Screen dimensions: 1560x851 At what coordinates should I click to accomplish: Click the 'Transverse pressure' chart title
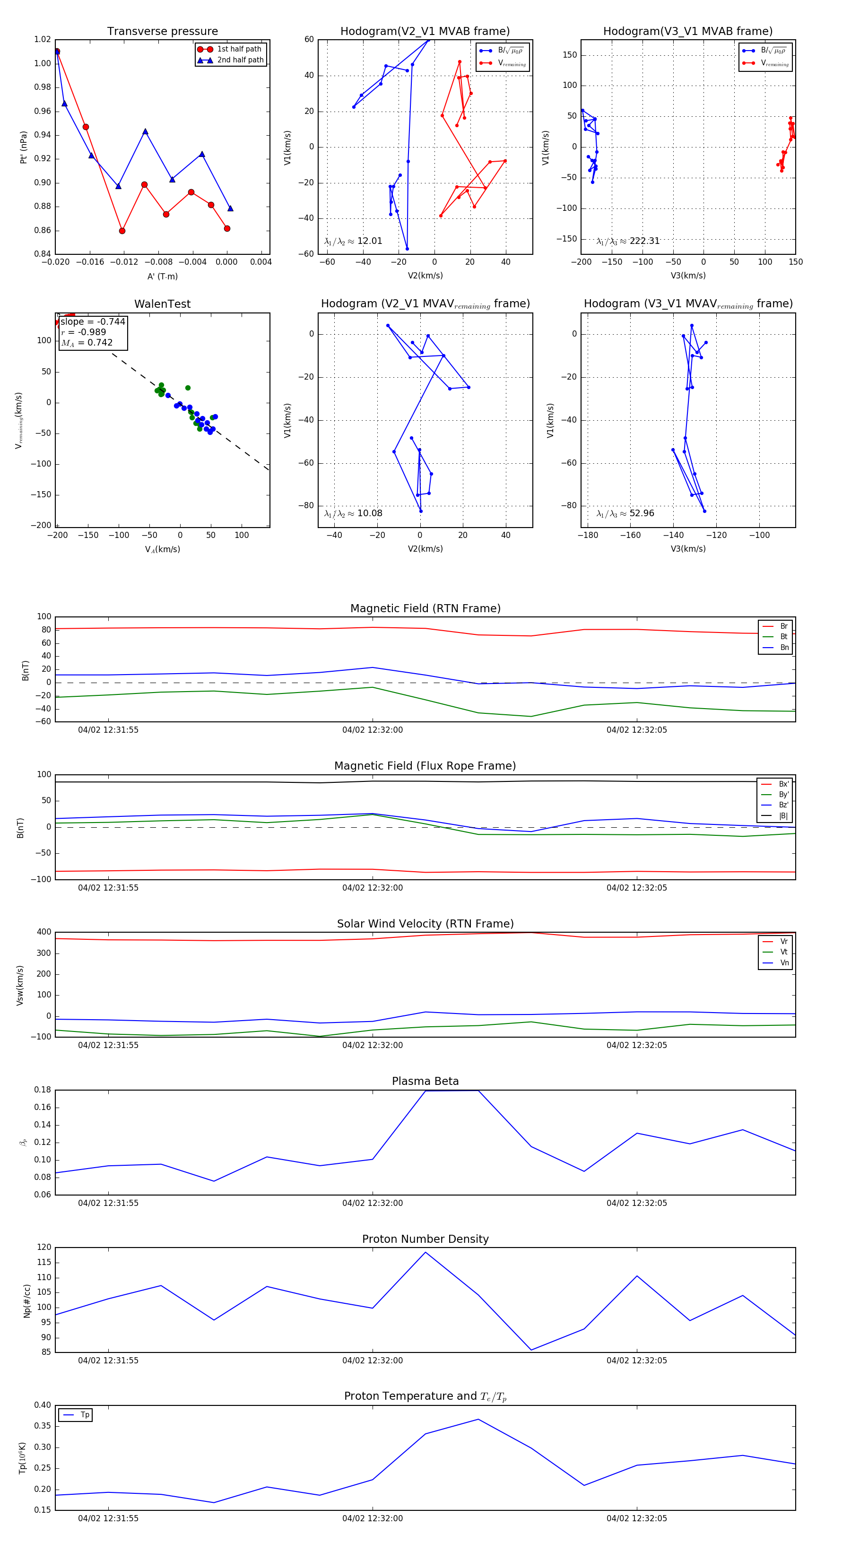(162, 32)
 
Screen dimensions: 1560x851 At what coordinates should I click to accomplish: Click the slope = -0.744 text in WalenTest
(93, 321)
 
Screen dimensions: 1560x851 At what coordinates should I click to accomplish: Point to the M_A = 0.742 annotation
(87, 343)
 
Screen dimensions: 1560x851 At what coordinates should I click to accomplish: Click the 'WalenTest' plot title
(162, 304)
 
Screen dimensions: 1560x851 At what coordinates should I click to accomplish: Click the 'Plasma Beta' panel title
(425, 1081)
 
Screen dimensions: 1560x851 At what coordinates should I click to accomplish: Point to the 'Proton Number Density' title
(425, 1239)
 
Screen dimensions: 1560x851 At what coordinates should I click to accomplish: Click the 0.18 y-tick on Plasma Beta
(43, 1090)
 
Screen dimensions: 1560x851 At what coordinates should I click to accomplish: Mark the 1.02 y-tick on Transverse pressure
(43, 39)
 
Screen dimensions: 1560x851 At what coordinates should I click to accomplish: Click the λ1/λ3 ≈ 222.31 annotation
(628, 241)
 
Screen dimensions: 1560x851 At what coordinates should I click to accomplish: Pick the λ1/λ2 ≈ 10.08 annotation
(353, 513)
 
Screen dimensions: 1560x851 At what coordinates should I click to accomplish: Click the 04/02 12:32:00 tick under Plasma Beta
(373, 1203)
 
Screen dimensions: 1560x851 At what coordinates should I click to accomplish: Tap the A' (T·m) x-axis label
(162, 276)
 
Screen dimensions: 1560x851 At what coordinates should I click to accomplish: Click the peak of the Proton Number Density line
(425, 1252)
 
